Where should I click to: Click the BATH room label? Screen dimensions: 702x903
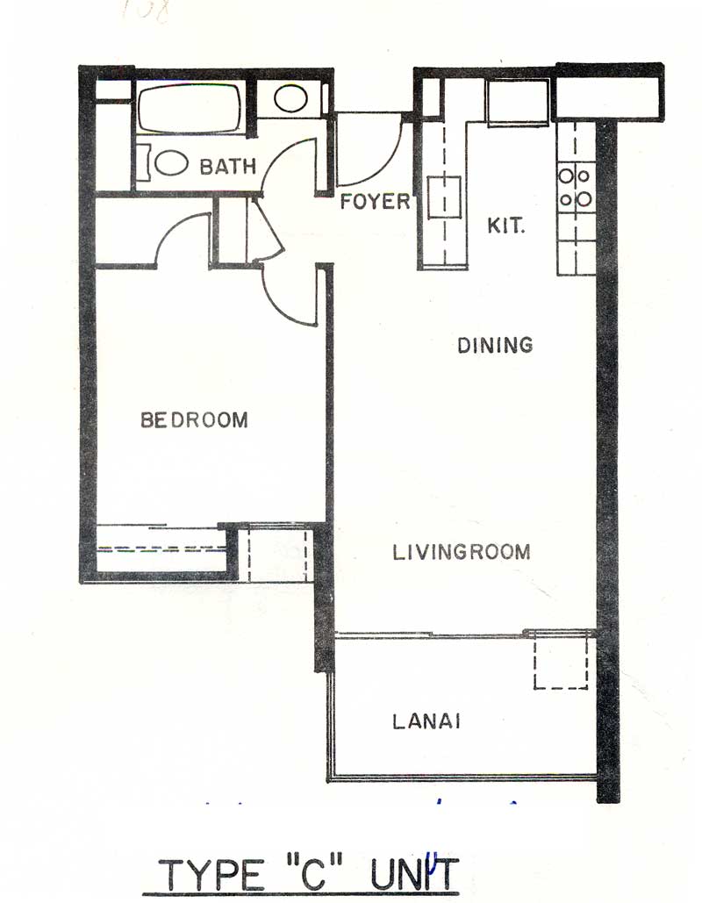click(227, 167)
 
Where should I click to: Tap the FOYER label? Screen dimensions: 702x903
click(375, 202)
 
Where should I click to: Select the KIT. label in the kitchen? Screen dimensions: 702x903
click(506, 226)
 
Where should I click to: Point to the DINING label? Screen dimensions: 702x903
click(495, 345)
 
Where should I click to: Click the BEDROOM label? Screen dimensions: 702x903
click(194, 419)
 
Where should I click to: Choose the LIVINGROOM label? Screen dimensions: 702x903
click(462, 552)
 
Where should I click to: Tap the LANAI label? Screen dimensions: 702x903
click(426, 721)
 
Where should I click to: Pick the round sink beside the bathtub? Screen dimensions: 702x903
click(290, 98)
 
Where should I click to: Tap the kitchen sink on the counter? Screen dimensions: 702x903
click(444, 197)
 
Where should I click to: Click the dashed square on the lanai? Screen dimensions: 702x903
click(561, 660)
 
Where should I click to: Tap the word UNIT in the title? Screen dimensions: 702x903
click(414, 874)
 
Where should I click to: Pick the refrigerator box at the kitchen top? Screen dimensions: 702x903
click(517, 102)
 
